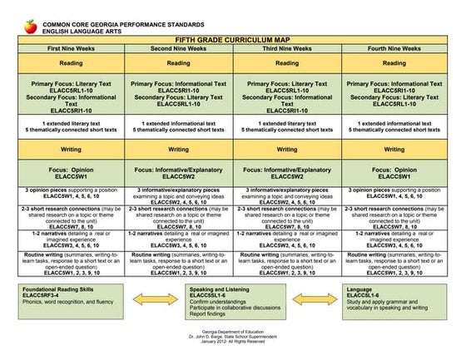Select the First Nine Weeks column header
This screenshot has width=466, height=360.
[67, 49]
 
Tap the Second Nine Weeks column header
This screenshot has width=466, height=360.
[178, 49]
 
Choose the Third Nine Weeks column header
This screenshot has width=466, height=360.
[289, 49]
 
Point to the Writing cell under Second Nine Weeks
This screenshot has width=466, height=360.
[178, 150]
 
